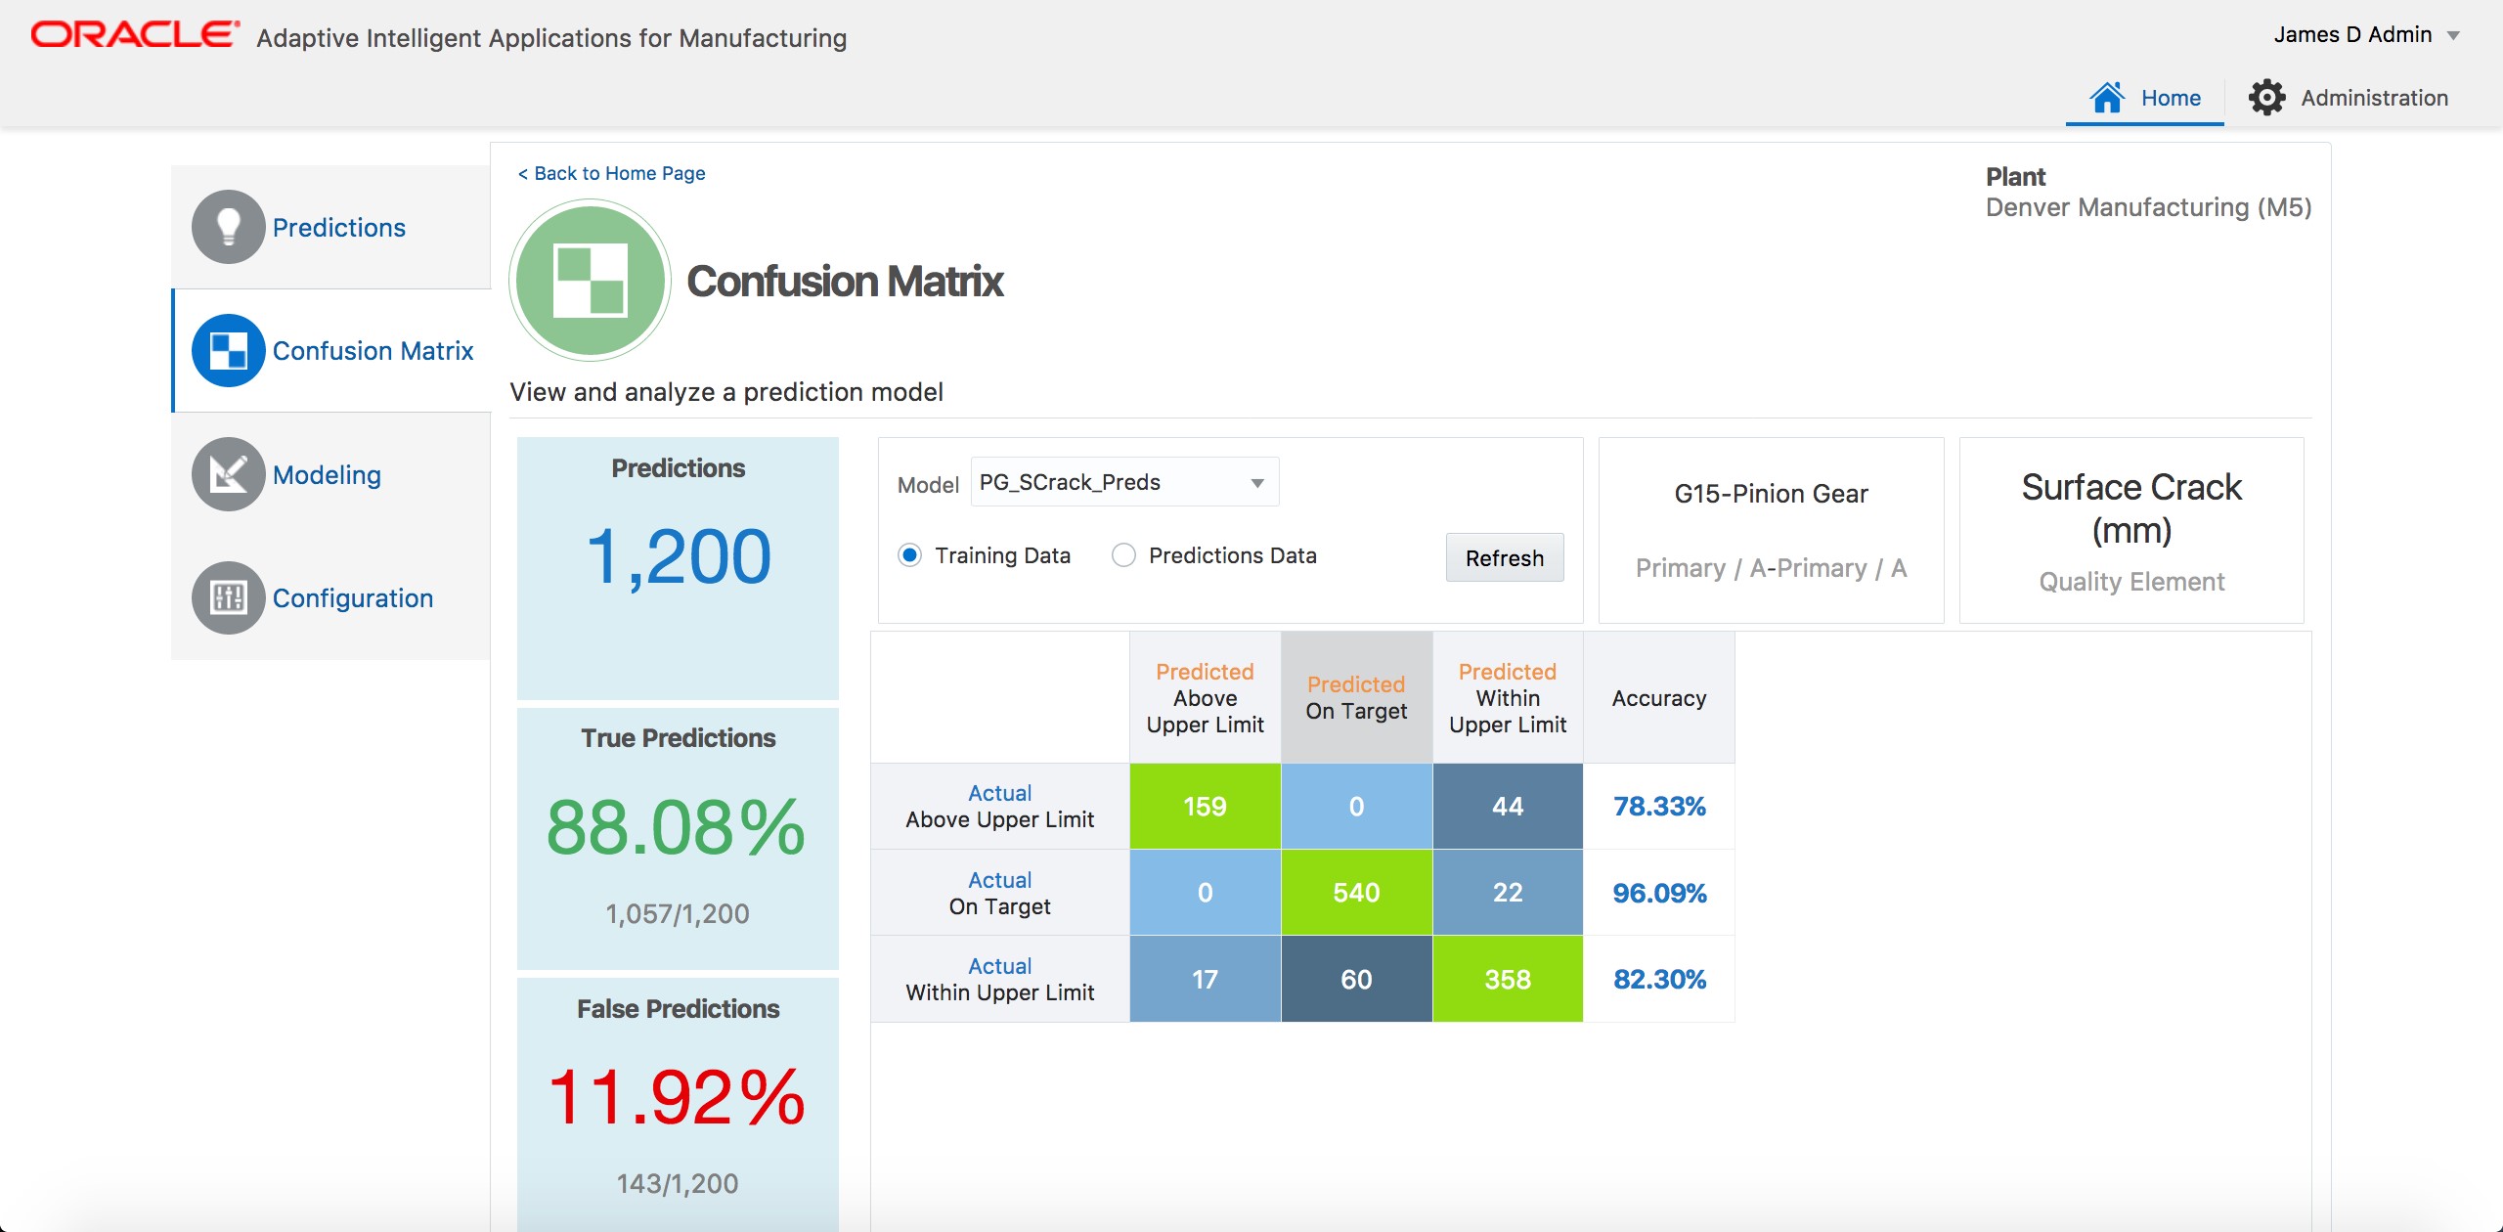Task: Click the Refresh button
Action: point(1504,558)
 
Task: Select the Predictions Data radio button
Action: point(1123,555)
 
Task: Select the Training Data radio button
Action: point(909,555)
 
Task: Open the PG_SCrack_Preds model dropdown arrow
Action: point(1257,483)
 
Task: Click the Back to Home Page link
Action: point(611,173)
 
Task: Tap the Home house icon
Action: point(2107,98)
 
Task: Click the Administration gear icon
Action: point(2266,98)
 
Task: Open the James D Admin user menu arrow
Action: point(2453,36)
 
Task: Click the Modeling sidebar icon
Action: point(229,474)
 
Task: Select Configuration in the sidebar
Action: point(352,598)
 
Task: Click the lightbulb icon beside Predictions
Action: point(229,227)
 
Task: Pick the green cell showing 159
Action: point(1205,807)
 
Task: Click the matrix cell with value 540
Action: point(1356,893)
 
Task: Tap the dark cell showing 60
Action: point(1356,979)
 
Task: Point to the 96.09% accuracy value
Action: point(1659,893)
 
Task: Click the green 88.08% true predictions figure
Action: point(676,827)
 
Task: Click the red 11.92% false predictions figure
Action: point(676,1097)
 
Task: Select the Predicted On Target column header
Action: point(1356,698)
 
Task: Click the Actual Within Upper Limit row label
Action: point(999,979)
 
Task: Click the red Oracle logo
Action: point(135,34)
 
